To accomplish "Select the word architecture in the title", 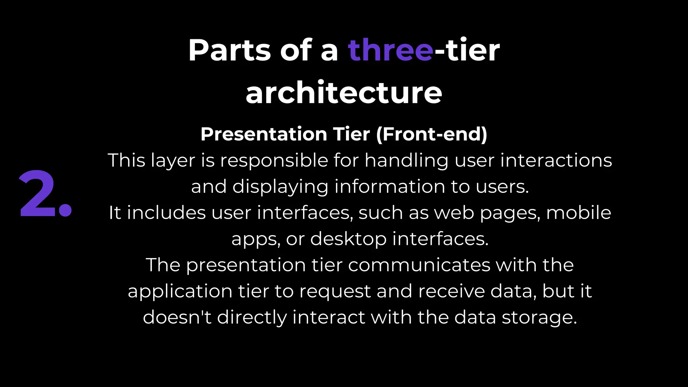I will tap(344, 93).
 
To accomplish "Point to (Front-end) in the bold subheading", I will tap(432, 134).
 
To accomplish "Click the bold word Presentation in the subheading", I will tap(264, 134).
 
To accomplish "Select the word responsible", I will tap(274, 160).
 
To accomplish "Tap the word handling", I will tap(406, 160).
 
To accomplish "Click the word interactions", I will tap(556, 160).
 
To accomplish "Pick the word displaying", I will tap(280, 186).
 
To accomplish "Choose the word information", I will tap(390, 186).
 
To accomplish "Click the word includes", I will tap(166, 213).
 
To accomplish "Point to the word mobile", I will tap(578, 213).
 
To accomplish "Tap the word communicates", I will tap(419, 265).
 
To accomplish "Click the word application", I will tap(180, 291).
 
